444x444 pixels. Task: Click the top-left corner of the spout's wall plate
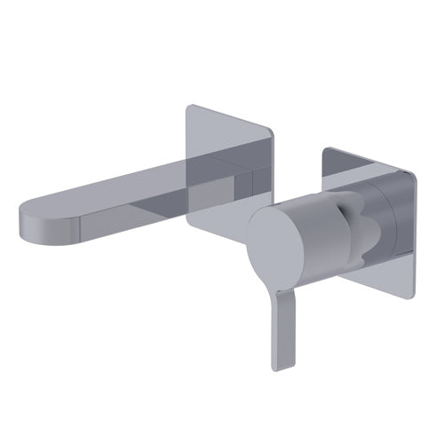189,107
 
